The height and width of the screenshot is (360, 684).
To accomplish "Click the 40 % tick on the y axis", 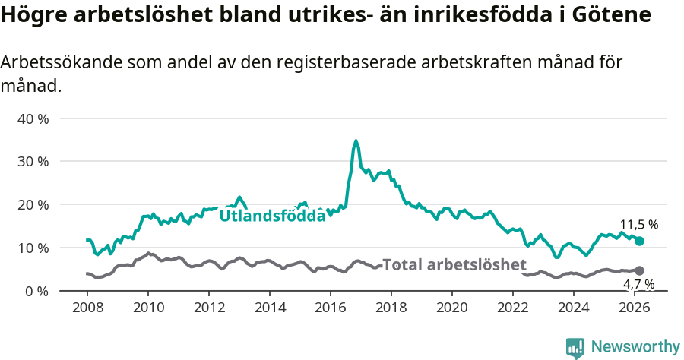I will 32,119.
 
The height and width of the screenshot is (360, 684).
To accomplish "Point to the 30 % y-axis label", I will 32,162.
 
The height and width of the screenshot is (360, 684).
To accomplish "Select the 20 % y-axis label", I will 32,205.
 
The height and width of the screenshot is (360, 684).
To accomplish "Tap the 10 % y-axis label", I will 32,248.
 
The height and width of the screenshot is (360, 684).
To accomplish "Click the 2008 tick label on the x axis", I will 87,308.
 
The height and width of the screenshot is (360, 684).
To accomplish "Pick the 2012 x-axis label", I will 209,308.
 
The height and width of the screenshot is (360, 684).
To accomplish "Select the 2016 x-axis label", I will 331,308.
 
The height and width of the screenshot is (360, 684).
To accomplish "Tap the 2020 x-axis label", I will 452,308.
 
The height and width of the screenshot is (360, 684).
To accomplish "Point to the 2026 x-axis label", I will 635,308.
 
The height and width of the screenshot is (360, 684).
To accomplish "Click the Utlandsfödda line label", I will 272,216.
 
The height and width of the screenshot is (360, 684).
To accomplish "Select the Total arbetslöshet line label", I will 454,265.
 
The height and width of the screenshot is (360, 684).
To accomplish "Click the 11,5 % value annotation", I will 638,225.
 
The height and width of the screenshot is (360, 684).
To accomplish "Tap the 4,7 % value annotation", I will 638,284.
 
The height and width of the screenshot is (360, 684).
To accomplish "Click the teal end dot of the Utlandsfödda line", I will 639,241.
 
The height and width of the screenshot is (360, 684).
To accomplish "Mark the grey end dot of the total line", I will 639,270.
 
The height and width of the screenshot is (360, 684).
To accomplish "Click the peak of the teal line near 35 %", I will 356,141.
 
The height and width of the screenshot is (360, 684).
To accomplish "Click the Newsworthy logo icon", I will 575,348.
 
